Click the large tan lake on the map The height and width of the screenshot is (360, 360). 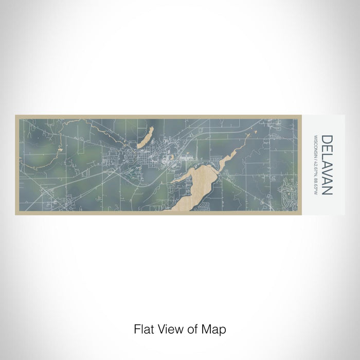(x=198, y=188)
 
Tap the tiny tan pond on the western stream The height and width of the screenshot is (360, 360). (x=60, y=150)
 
